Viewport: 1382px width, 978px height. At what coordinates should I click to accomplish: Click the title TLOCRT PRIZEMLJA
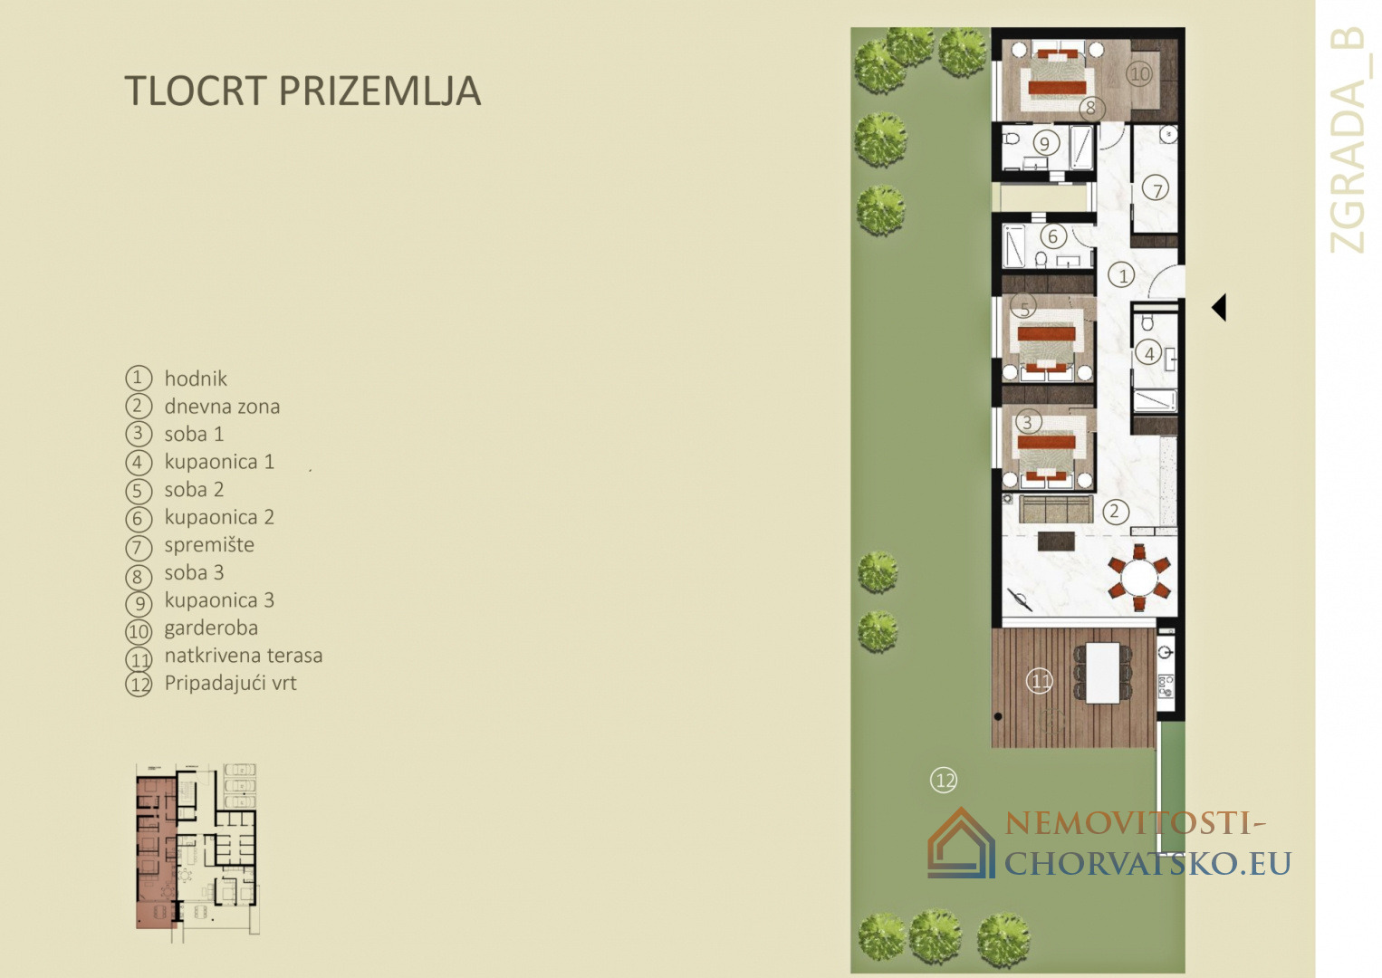[x=302, y=91]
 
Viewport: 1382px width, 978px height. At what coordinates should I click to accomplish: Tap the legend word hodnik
[x=196, y=379]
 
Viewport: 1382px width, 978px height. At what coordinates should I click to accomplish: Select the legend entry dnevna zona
[x=222, y=406]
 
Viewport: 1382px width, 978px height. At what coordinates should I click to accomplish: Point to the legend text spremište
[x=209, y=545]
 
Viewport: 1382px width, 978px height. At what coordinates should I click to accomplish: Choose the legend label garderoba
[x=211, y=628]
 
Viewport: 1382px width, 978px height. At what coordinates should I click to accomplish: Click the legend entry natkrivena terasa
[x=243, y=656]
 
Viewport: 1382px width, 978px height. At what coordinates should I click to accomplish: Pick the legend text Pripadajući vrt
[x=230, y=683]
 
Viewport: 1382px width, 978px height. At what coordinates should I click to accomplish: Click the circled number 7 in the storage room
[x=1156, y=189]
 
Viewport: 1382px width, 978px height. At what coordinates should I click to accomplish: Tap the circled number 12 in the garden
[x=944, y=781]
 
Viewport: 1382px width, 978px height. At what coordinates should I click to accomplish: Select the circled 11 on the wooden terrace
[x=1040, y=681]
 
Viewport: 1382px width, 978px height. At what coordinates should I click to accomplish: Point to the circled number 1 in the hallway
[x=1121, y=275]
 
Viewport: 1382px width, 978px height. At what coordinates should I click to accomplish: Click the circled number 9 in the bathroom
[x=1045, y=144]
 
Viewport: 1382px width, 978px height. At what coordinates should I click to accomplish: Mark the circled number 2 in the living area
[x=1115, y=512]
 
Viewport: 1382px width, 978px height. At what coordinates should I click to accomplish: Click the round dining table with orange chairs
[x=1139, y=578]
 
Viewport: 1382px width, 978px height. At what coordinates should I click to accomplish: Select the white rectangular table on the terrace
[x=1102, y=673]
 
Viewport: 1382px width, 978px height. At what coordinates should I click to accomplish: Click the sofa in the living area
[x=1055, y=508]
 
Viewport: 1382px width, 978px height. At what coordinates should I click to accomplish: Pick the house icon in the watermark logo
[x=961, y=843]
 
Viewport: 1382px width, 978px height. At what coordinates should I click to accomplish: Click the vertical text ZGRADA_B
[x=1349, y=140]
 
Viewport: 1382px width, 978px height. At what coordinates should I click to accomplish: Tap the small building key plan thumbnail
[x=197, y=853]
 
